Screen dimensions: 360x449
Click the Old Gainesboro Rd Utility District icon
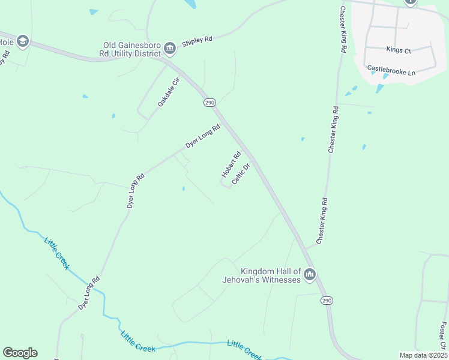coord(170,47)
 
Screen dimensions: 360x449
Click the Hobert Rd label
coord(231,164)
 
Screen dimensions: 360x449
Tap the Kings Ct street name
coord(399,50)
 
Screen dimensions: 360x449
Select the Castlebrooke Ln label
coord(391,71)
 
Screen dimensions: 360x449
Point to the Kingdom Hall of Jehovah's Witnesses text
coord(270,276)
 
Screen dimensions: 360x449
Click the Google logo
coord(20,353)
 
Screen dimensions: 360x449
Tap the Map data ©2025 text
coord(423,355)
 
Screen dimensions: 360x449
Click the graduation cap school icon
coord(23,41)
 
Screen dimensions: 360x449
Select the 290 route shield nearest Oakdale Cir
coord(209,103)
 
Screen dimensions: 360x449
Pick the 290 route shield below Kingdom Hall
coord(326,301)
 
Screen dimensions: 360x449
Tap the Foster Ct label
coord(443,334)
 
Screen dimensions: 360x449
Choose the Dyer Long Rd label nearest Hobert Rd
coord(203,136)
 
